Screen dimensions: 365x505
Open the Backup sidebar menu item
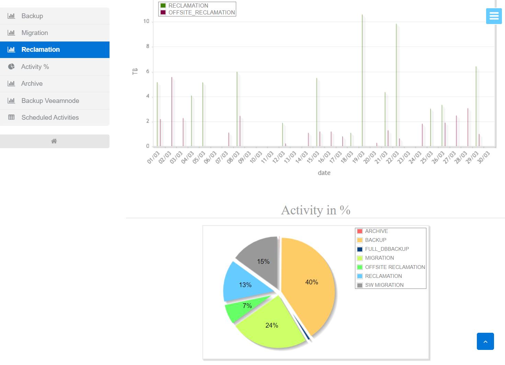pos(32,16)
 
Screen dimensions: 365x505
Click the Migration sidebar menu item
pos(34,33)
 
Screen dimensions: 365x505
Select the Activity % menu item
pos(35,67)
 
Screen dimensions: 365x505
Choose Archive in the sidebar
pos(32,84)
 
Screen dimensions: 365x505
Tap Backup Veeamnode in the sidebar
pos(50,101)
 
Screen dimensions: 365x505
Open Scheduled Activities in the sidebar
pos(50,118)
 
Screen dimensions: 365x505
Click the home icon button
pos(54,141)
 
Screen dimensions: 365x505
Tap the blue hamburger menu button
pos(494,16)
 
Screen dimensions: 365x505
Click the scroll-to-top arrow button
pos(485,341)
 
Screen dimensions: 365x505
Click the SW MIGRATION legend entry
pos(384,285)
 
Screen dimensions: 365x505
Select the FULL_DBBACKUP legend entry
pos(387,249)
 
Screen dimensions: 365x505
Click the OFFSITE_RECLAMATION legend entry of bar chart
pos(201,13)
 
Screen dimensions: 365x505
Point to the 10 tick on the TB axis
pos(147,21)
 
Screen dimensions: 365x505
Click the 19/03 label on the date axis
pos(358,157)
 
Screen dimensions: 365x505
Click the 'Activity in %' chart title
pos(315,210)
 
